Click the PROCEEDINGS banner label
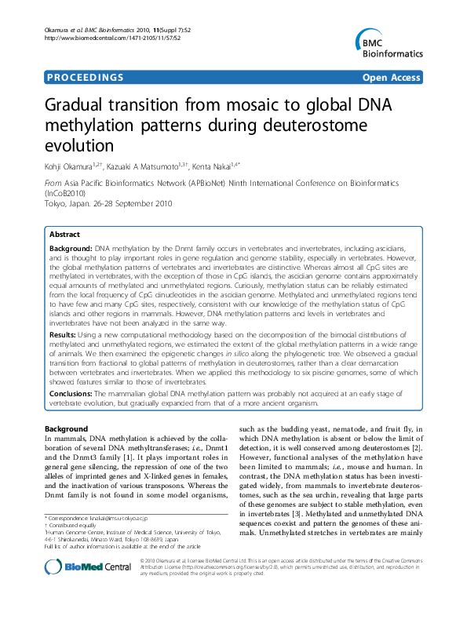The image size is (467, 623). pyautogui.click(x=85, y=78)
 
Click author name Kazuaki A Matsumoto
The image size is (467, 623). pyautogui.click(x=149, y=165)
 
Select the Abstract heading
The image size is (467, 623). pyautogui.click(x=64, y=235)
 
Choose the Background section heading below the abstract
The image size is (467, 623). pyautogui.click(x=66, y=429)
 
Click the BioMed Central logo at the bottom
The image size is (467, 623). pyautogui.click(x=79, y=589)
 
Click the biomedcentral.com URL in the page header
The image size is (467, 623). pyautogui.click(x=110, y=38)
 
